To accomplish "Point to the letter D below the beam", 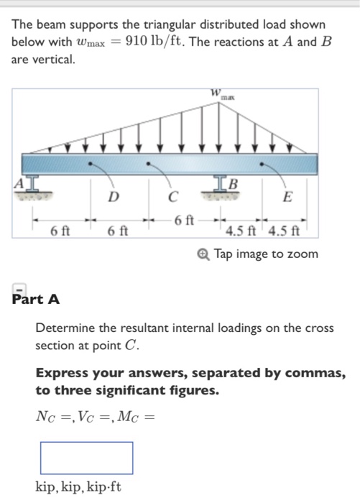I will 113,197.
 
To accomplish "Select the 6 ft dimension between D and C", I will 118,231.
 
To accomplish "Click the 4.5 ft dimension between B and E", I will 242,231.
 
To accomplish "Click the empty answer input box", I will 86,457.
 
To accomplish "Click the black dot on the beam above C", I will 149,163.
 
